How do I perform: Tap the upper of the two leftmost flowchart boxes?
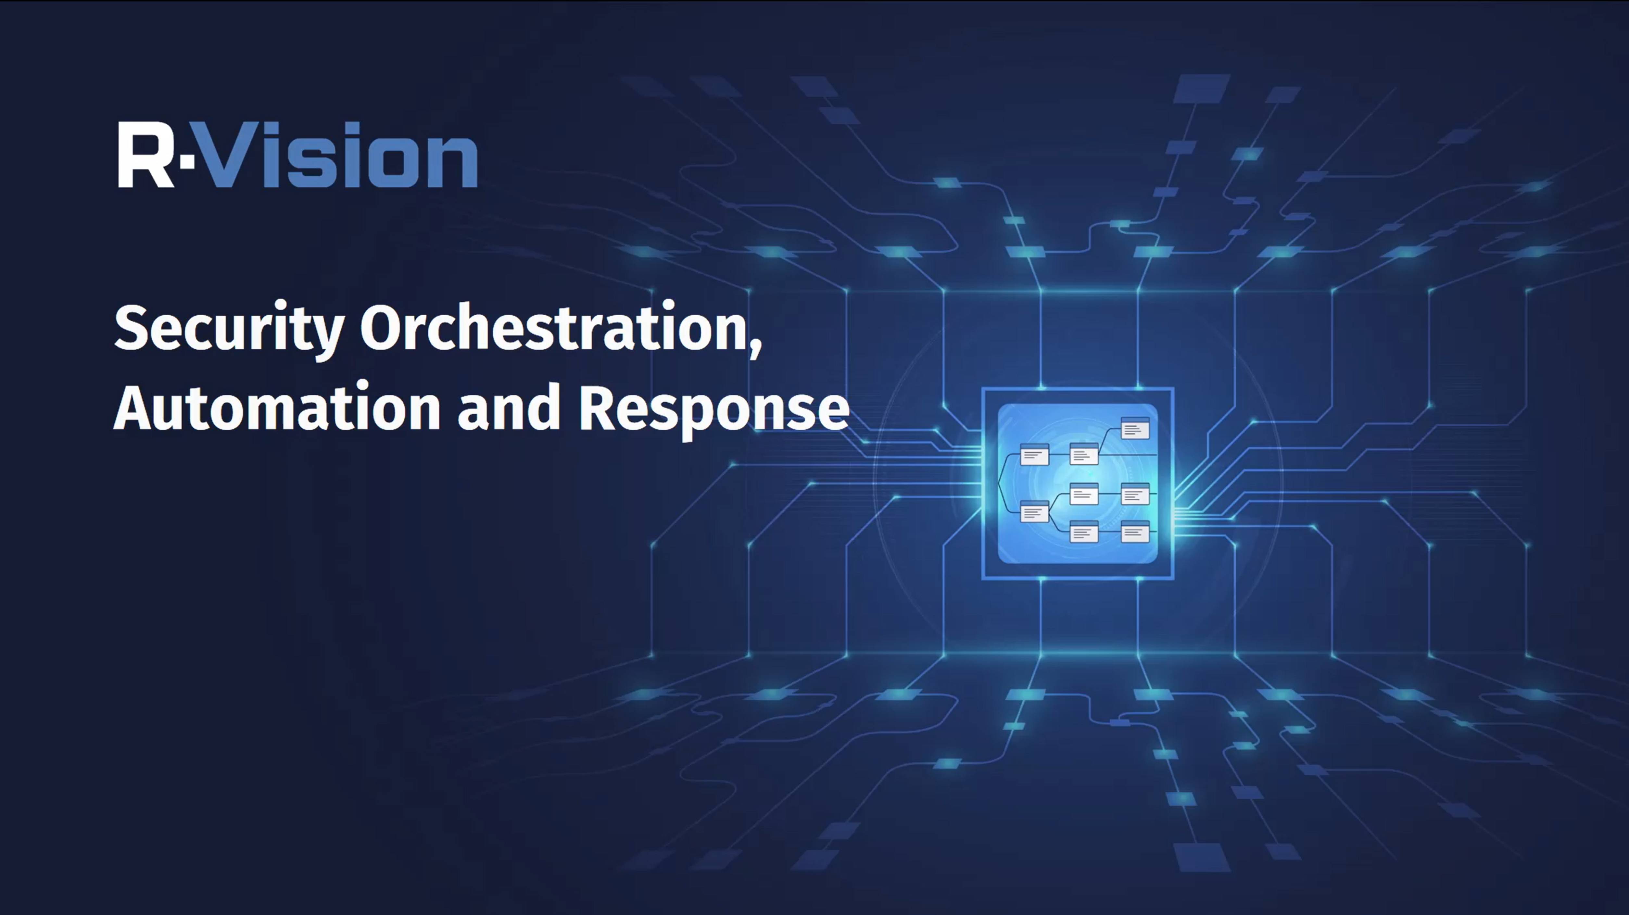pyautogui.click(x=1035, y=455)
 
